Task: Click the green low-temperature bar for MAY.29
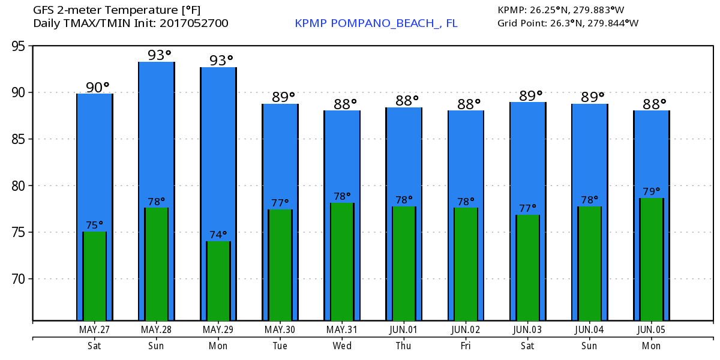point(218,281)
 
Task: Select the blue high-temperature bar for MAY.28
point(157,132)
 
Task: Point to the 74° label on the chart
point(218,235)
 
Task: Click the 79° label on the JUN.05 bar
point(652,192)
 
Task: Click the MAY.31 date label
point(342,330)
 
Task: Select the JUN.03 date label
point(527,330)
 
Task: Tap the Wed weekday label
point(342,346)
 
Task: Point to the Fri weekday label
point(466,346)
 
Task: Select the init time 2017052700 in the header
point(194,23)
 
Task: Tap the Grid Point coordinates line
point(568,23)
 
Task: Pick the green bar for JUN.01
point(404,264)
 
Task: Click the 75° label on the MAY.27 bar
point(95,226)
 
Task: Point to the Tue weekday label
point(280,346)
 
